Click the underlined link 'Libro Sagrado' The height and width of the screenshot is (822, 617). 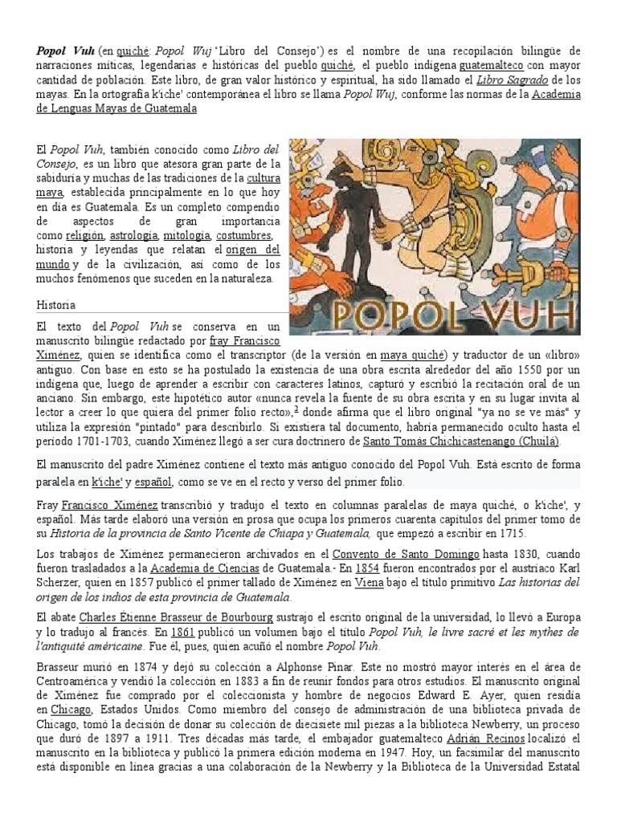513,80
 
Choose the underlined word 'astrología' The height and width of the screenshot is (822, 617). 134,235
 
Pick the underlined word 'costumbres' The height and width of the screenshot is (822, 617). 244,235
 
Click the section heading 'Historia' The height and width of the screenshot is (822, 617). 56,305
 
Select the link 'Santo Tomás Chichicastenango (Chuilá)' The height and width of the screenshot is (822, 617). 462,441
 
